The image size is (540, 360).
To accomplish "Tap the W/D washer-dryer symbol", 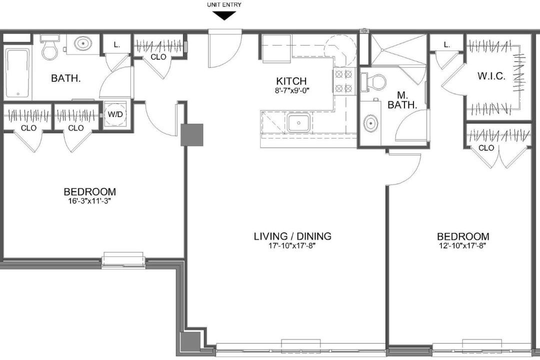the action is pyautogui.click(x=115, y=114).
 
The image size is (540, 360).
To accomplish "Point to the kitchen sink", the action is pyautogui.click(x=298, y=123).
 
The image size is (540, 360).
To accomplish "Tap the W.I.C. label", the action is pyautogui.click(x=491, y=76).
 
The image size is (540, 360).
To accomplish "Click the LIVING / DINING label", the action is pyautogui.click(x=292, y=236).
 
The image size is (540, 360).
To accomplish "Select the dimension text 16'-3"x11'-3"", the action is pyautogui.click(x=89, y=201).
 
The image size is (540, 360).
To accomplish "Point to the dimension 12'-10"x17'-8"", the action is pyautogui.click(x=463, y=245).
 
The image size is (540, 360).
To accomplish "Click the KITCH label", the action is pyautogui.click(x=291, y=81).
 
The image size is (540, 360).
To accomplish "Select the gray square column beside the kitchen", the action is pyautogui.click(x=192, y=134).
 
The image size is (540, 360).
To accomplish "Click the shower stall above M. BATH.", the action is pyautogui.click(x=398, y=49).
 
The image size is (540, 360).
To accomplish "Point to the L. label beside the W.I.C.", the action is pyautogui.click(x=446, y=44).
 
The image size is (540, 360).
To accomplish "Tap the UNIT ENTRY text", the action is pyautogui.click(x=224, y=5).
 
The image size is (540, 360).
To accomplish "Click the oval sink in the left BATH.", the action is pyautogui.click(x=82, y=44).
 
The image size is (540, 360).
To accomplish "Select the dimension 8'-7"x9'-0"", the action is pyautogui.click(x=291, y=91).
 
